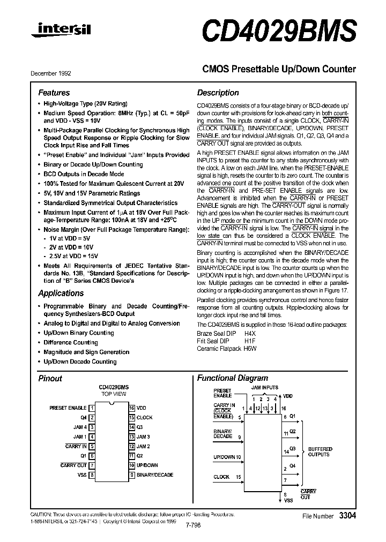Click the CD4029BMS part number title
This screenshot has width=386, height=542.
(279, 31)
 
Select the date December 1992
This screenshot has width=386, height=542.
(50, 73)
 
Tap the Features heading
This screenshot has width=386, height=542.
(54, 93)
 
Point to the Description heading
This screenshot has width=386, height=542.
(218, 93)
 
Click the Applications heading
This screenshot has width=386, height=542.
(61, 293)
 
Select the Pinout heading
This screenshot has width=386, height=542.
(50, 378)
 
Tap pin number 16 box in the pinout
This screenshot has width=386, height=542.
(131, 408)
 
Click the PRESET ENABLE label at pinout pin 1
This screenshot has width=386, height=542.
(68, 408)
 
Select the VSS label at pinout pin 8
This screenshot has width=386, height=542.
(81, 475)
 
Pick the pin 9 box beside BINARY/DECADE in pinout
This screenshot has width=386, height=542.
(131, 475)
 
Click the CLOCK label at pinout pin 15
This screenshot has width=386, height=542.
(144, 418)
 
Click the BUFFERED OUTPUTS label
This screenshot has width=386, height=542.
(320, 451)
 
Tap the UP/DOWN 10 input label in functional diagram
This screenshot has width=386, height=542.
(227, 457)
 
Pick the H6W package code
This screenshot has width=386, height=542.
(250, 348)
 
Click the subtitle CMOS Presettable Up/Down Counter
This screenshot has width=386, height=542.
(279, 69)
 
